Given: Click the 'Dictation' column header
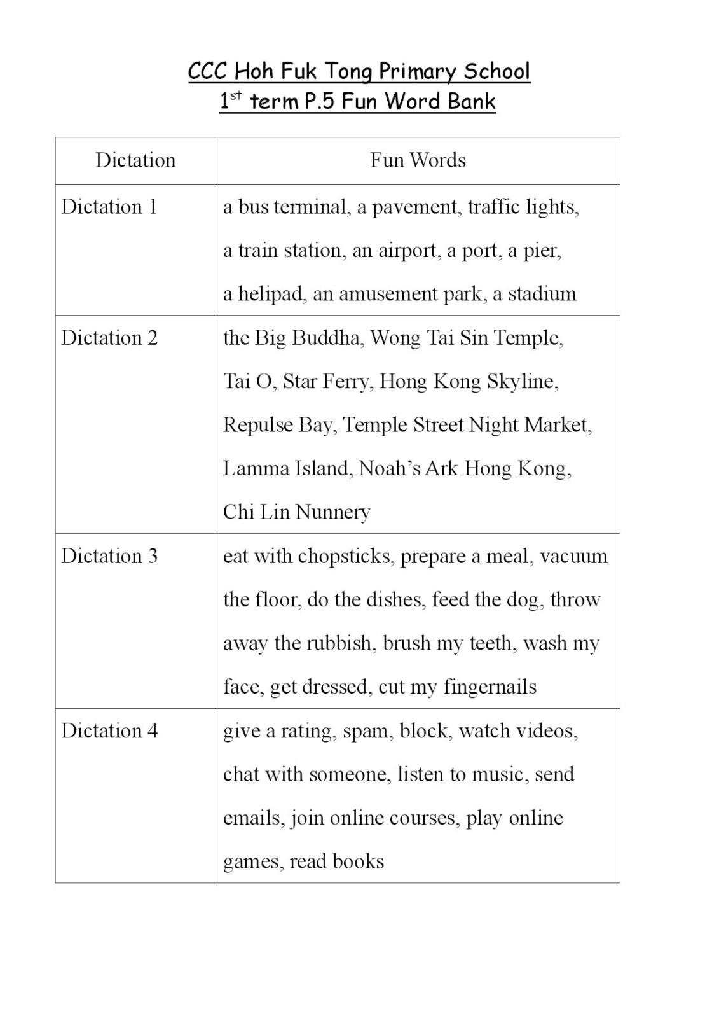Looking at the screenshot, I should [135, 160].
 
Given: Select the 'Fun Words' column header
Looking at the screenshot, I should [418, 160].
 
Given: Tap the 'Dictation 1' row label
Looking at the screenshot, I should [109, 207].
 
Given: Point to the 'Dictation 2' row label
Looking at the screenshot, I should [109, 338].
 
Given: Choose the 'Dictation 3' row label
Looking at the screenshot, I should [109, 556].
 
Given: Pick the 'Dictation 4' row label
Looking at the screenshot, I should [109, 730].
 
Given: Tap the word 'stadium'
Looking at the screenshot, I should [542, 294].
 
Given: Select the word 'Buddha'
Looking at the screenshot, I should [327, 338].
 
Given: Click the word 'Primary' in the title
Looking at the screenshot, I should [413, 72].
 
